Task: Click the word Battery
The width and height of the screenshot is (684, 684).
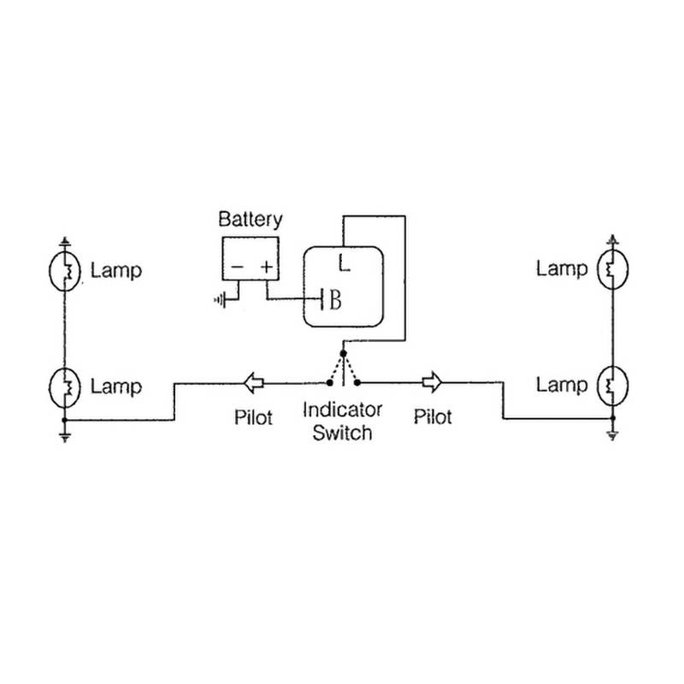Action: tap(250, 219)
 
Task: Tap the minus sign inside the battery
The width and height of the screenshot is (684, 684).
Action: tap(237, 268)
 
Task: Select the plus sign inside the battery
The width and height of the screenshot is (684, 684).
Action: tap(267, 268)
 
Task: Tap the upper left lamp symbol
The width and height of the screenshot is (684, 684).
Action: tap(64, 271)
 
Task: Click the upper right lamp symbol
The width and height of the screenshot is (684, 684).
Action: tap(611, 269)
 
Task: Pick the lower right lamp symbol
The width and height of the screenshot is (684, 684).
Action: tap(611, 385)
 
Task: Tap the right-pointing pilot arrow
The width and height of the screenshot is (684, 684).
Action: tap(432, 380)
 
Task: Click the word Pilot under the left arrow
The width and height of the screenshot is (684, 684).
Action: tap(253, 418)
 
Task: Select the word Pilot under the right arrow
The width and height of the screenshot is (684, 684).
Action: tap(432, 417)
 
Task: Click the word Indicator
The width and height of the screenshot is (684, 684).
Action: tap(342, 409)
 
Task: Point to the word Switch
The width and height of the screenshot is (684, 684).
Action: tap(342, 433)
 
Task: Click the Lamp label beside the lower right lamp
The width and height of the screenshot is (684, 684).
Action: tap(562, 385)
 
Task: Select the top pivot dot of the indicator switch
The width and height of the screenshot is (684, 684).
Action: tap(343, 352)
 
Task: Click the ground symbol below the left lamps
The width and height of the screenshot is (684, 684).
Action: tap(64, 436)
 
